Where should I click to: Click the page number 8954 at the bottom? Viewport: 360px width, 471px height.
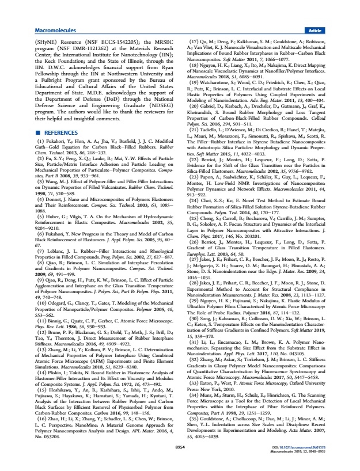pyautogui.click(x=180, y=462)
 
